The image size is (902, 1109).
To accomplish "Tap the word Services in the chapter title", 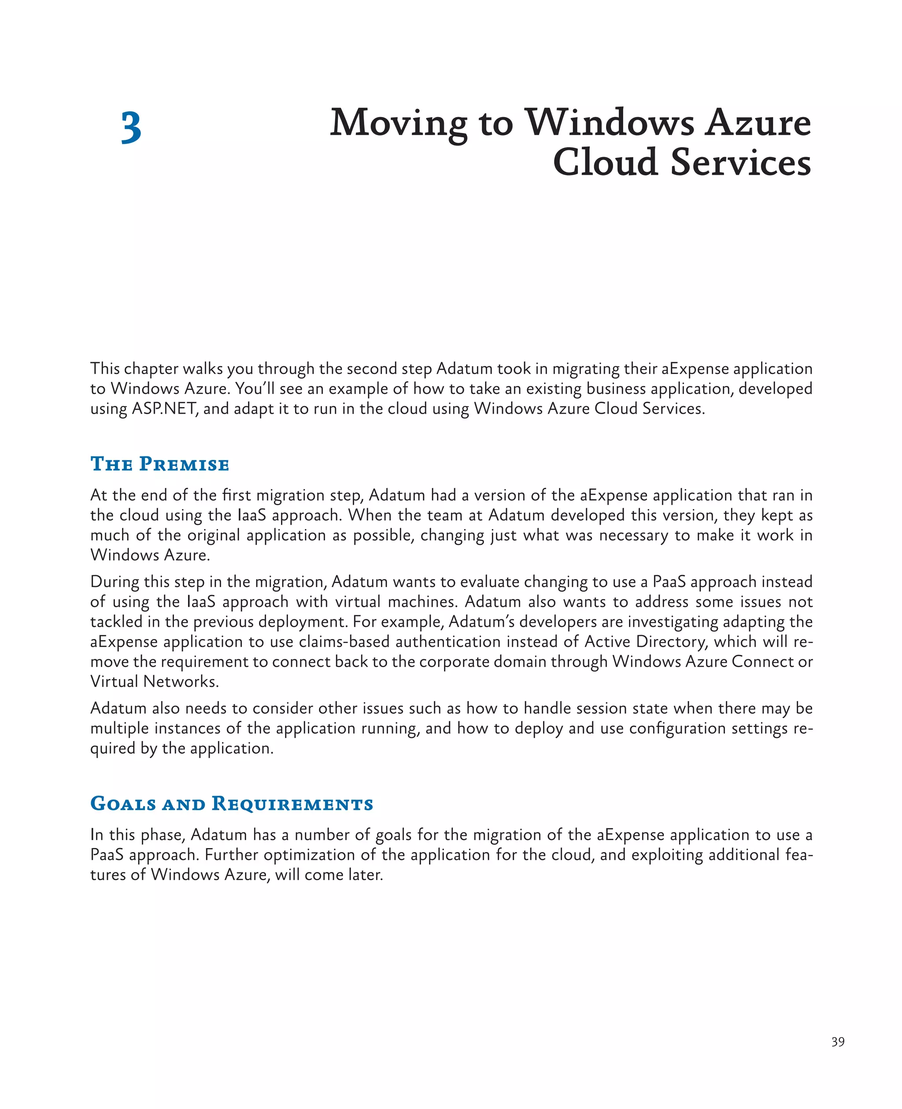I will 740,162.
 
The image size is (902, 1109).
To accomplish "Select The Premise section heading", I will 159,464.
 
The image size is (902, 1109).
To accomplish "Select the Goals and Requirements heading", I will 232,803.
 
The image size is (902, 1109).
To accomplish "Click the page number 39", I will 838,1042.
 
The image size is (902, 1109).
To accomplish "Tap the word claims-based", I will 344,642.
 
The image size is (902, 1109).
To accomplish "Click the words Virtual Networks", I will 154,681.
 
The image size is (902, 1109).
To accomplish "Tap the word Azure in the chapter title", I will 757,124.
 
